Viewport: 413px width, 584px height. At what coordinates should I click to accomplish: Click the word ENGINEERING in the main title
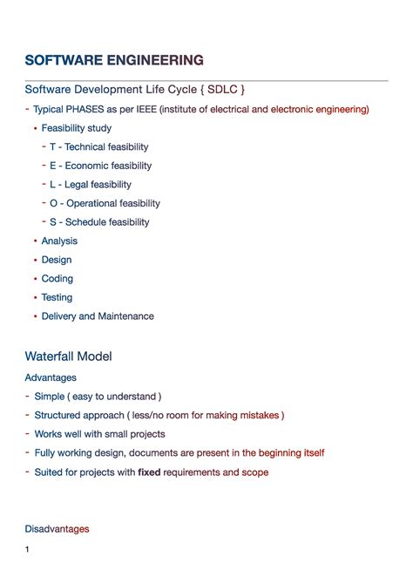[154, 60]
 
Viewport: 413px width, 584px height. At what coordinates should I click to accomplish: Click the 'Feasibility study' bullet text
[77, 128]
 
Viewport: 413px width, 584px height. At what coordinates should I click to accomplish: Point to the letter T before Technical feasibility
[53, 147]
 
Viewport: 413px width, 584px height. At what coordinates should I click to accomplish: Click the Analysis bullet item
[59, 241]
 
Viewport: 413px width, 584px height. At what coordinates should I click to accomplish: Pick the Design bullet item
[57, 260]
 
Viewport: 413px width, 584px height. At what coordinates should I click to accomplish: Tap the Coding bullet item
[58, 279]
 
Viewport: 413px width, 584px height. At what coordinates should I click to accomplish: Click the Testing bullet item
[58, 298]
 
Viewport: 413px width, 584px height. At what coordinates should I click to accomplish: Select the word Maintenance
[125, 316]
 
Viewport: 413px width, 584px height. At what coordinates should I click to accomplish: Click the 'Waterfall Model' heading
[68, 357]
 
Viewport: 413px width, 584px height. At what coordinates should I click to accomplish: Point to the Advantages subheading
[51, 377]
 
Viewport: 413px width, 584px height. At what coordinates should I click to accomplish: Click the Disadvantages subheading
[57, 528]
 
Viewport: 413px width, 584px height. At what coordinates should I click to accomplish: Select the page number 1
[28, 549]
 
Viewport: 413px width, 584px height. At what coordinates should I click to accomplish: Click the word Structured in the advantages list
[58, 416]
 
